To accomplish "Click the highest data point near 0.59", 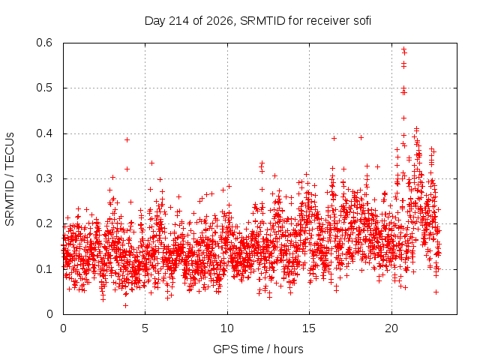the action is click(x=403, y=49).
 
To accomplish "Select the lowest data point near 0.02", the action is click(x=125, y=305).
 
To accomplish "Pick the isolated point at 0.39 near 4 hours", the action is click(x=127, y=140).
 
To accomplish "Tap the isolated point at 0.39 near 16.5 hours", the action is click(x=334, y=138).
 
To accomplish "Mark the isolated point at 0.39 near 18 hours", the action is click(x=361, y=138).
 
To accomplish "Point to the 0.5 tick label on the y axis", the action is click(x=44, y=88).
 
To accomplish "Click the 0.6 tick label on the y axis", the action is click(x=44, y=43).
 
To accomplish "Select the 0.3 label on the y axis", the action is click(x=44, y=178).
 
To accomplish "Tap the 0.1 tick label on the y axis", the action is click(x=44, y=269).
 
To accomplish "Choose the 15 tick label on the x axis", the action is click(x=309, y=328).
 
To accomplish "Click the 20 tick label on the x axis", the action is click(x=391, y=328).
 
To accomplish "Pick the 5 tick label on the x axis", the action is click(x=145, y=328).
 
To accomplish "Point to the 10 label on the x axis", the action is click(x=226, y=328).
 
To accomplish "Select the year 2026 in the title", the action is click(x=220, y=21).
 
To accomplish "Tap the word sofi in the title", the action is click(x=362, y=21).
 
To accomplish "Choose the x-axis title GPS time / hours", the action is click(x=258, y=349).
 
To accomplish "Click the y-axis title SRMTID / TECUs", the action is click(x=10, y=179).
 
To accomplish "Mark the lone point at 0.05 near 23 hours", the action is click(x=436, y=292).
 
